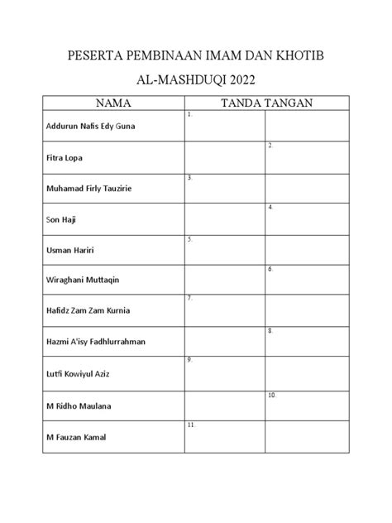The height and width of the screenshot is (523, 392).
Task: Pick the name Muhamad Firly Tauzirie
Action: (88, 189)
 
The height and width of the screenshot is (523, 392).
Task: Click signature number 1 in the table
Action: (190, 116)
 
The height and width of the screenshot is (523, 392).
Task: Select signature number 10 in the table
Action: (272, 396)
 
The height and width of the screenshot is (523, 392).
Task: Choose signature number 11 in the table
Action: (191, 425)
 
